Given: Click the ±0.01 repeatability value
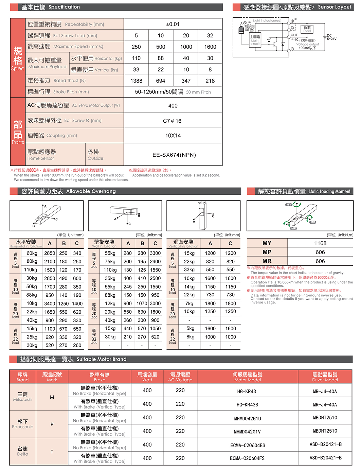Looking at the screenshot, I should click(x=173, y=24).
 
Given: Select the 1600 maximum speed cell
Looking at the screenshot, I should click(x=210, y=47).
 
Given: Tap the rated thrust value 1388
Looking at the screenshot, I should click(x=136, y=81).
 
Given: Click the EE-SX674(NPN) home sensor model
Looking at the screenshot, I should click(x=174, y=155).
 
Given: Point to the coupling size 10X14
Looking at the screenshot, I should click(x=173, y=136).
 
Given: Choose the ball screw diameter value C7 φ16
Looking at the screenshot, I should click(x=172, y=121).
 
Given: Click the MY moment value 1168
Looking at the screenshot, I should click(x=320, y=243).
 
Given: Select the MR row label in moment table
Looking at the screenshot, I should click(x=267, y=261).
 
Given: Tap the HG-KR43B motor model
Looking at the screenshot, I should click(x=247, y=405).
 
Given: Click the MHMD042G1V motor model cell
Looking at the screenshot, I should click(x=247, y=432).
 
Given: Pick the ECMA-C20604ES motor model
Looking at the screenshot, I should click(x=247, y=445).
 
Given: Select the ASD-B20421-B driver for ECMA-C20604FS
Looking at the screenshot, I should click(x=325, y=458).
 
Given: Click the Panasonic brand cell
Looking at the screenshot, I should click(x=23, y=424).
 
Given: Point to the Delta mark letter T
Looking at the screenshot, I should click(x=52, y=452).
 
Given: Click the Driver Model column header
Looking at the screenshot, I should click(x=325, y=377).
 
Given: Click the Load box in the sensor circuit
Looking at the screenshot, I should click(x=307, y=29).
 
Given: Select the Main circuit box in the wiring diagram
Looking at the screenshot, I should click(x=255, y=40).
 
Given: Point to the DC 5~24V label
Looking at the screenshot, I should click(x=331, y=37).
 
